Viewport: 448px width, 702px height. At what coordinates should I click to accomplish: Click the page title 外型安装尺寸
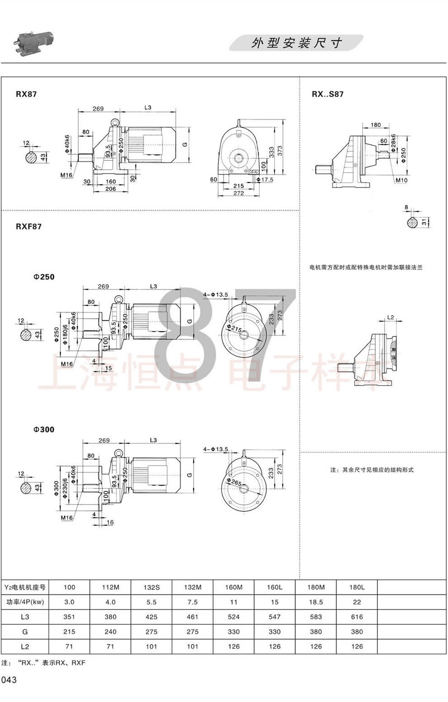click(296, 43)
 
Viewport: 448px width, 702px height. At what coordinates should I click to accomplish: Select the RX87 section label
click(26, 94)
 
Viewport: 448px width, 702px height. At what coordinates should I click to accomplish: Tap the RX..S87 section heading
click(328, 94)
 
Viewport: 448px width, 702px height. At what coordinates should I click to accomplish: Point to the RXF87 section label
click(29, 226)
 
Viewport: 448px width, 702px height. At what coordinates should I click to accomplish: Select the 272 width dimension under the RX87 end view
click(238, 193)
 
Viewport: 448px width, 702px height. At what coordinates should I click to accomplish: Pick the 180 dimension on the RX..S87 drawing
click(376, 125)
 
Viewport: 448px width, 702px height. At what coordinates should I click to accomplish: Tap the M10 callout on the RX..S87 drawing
click(401, 180)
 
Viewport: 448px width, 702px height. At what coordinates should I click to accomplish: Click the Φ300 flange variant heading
click(44, 429)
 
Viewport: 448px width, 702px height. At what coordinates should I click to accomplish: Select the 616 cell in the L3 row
click(357, 617)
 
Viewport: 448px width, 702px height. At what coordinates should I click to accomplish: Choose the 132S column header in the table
click(152, 587)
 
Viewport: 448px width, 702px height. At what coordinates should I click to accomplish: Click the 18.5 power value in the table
click(316, 602)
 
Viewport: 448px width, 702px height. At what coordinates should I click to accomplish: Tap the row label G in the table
click(25, 632)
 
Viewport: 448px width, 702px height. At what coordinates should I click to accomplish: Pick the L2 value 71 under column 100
click(69, 646)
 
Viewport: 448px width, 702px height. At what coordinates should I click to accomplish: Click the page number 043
click(9, 680)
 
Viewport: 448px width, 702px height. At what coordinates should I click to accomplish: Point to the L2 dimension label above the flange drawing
click(391, 317)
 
